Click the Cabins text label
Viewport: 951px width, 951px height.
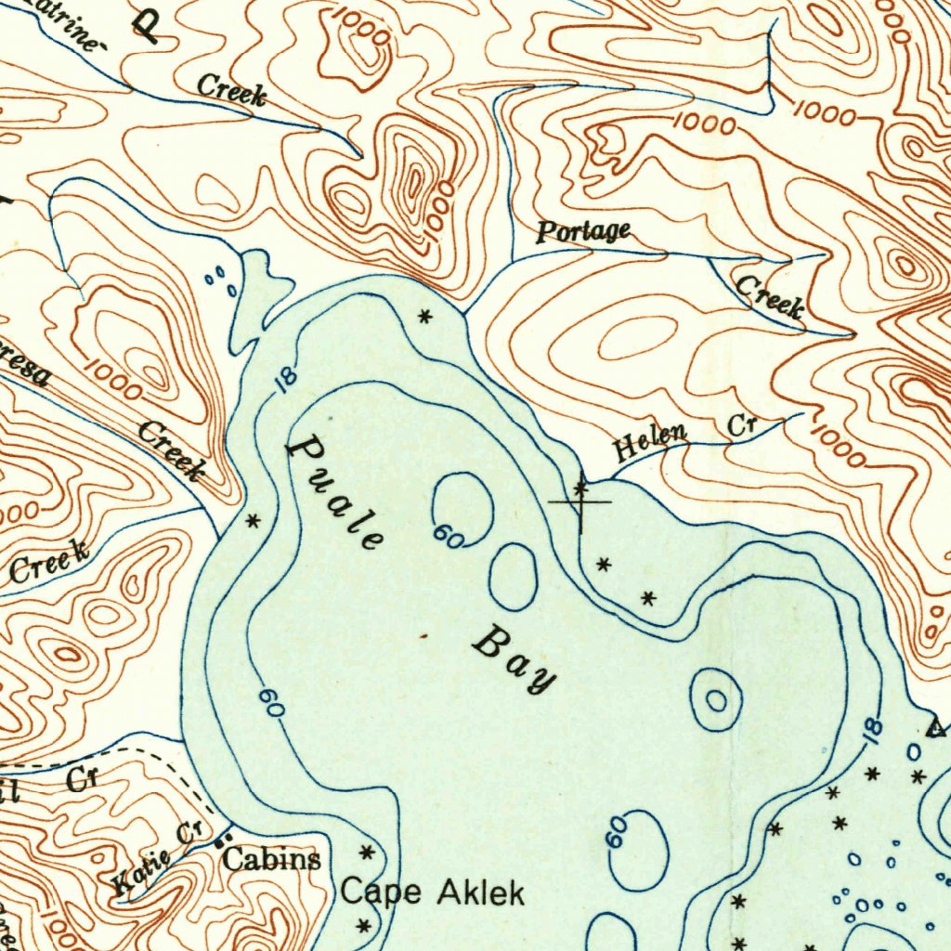tap(272, 859)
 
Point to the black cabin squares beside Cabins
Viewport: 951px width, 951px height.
tap(220, 841)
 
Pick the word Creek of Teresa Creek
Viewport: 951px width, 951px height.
tap(171, 449)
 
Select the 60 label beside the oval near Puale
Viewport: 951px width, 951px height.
tap(448, 536)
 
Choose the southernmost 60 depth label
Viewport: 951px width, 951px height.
tap(618, 833)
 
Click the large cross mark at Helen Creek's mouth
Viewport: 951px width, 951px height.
tap(581, 502)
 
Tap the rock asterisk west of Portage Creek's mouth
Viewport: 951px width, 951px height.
tap(425, 317)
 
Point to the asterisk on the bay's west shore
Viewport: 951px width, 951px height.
tap(252, 521)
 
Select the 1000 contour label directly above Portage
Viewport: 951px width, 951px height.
tap(704, 123)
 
